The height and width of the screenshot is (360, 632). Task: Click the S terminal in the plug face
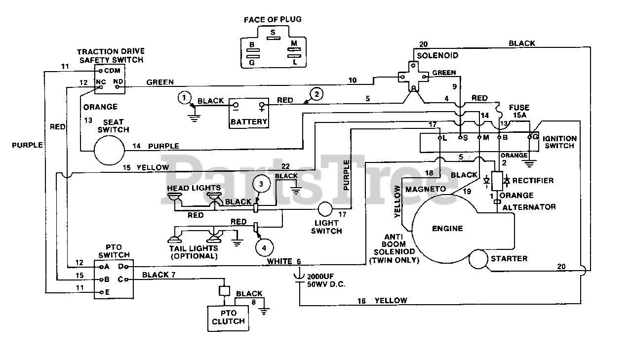click(x=273, y=38)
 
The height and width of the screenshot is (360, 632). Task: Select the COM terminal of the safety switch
click(x=100, y=71)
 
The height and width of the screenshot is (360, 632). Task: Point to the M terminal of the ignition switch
click(x=479, y=137)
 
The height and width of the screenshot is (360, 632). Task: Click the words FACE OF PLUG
click(x=273, y=19)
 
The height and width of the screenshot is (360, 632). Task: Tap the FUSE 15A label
click(x=519, y=111)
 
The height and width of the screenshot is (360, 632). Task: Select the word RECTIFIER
click(x=533, y=181)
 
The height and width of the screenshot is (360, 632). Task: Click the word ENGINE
click(x=447, y=228)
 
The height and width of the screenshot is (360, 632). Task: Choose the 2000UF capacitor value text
click(x=320, y=277)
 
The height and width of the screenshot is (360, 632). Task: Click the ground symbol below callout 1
click(x=194, y=118)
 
